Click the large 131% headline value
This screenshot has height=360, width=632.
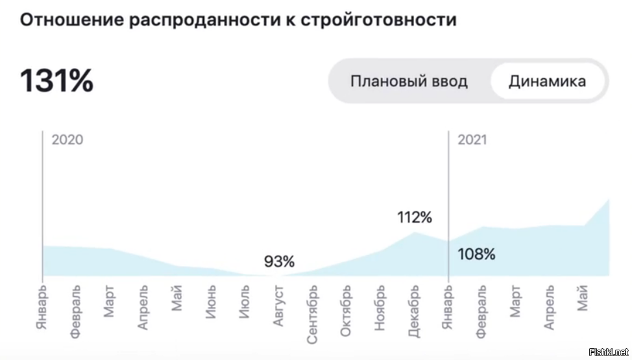tap(56, 81)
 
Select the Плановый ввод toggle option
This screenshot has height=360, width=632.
tap(409, 82)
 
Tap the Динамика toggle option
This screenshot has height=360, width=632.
tap(547, 82)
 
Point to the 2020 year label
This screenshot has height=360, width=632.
tap(67, 139)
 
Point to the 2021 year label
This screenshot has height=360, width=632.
tap(472, 139)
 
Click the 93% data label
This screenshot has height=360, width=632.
tap(279, 262)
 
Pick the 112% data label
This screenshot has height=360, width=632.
tap(415, 217)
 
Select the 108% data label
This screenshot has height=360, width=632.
tap(477, 254)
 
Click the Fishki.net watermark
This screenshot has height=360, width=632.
tap(608, 352)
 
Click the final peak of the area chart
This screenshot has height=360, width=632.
tap(609, 200)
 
